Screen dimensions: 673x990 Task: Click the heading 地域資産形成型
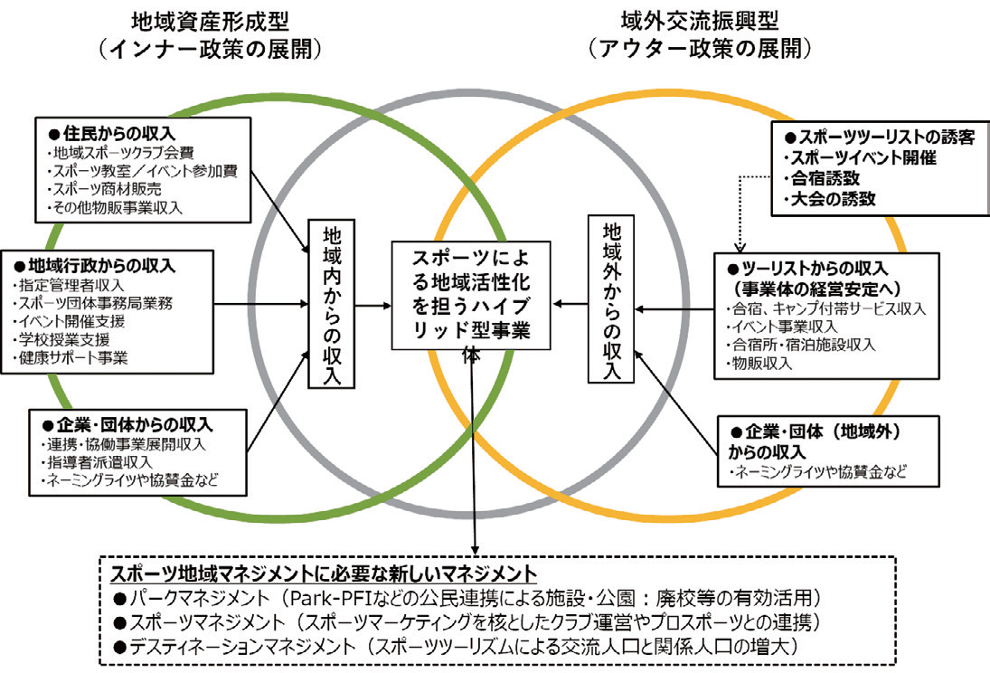point(224,19)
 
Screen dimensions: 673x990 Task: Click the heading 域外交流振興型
point(700,19)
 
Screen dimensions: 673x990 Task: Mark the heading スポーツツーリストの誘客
point(879,139)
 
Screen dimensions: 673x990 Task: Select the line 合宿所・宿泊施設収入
point(800,345)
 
